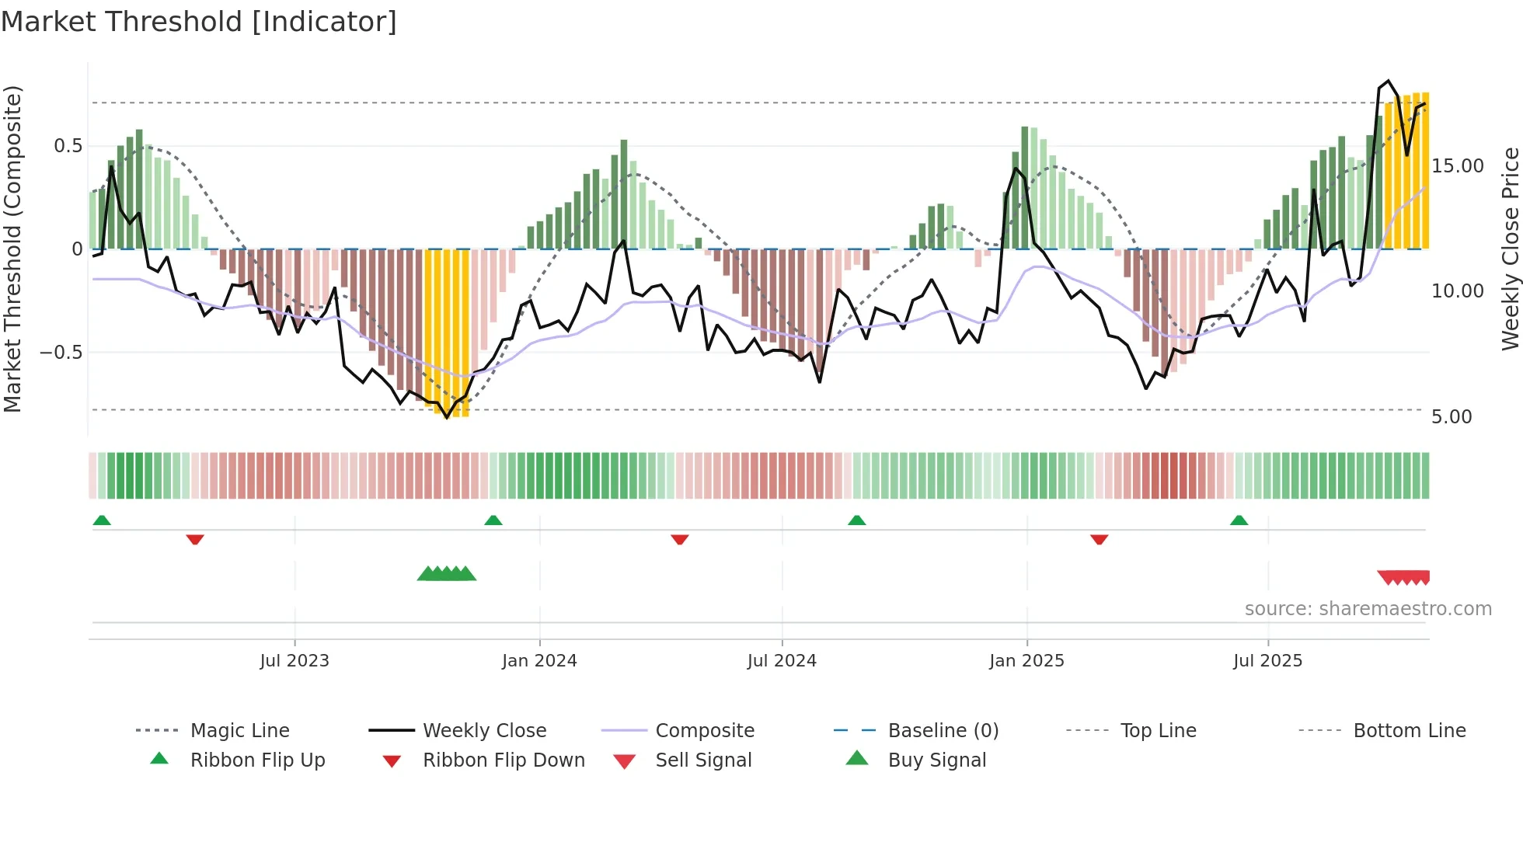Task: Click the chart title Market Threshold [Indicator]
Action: pyautogui.click(x=199, y=22)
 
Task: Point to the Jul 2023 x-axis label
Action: pyautogui.click(x=294, y=660)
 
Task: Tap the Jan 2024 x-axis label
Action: pyautogui.click(x=539, y=660)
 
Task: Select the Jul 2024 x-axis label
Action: pyautogui.click(x=782, y=660)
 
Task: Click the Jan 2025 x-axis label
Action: pyautogui.click(x=1026, y=660)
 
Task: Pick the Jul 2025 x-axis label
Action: pyautogui.click(x=1267, y=660)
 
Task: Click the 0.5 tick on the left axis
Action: pyautogui.click(x=68, y=146)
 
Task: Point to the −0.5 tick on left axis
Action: pyautogui.click(x=61, y=353)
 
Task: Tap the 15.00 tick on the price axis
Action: pyautogui.click(x=1457, y=166)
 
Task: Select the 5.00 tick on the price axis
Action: pyautogui.click(x=1451, y=417)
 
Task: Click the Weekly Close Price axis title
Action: pyautogui.click(x=1510, y=249)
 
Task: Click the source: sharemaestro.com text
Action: pyautogui.click(x=1368, y=608)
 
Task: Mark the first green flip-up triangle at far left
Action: pyautogui.click(x=102, y=520)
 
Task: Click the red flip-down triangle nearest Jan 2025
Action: pyautogui.click(x=1099, y=539)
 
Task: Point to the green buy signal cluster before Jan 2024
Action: pyautogui.click(x=447, y=574)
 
